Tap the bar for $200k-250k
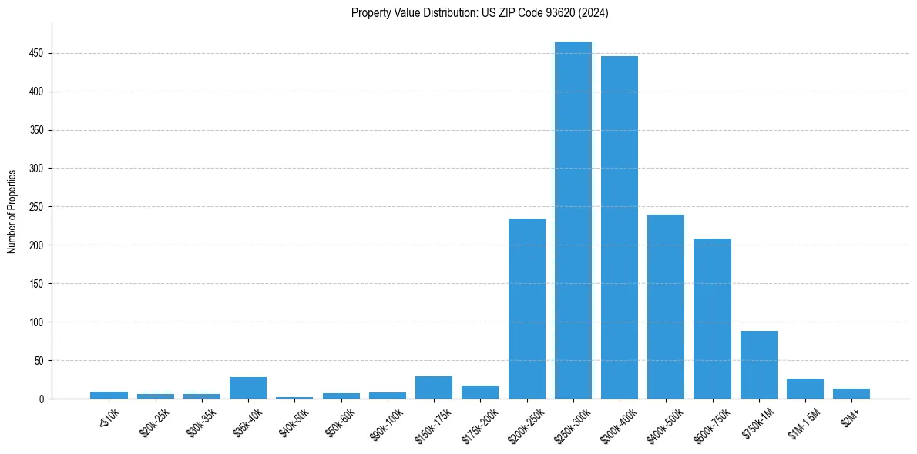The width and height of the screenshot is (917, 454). click(x=527, y=309)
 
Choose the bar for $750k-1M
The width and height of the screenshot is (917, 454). click(x=759, y=365)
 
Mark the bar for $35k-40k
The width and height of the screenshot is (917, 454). click(x=248, y=388)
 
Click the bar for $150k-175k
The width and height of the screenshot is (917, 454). click(x=434, y=388)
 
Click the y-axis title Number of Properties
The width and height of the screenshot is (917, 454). click(x=12, y=211)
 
